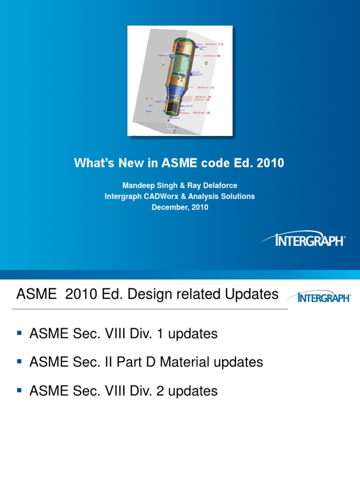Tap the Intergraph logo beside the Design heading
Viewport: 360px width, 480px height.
(x=319, y=297)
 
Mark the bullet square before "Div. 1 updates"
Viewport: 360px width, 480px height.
(x=20, y=333)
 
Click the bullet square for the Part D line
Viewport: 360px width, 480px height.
(x=20, y=361)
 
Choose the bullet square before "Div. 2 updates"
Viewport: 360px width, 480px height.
(x=20, y=390)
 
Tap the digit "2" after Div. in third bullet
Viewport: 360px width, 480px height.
(x=173, y=391)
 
